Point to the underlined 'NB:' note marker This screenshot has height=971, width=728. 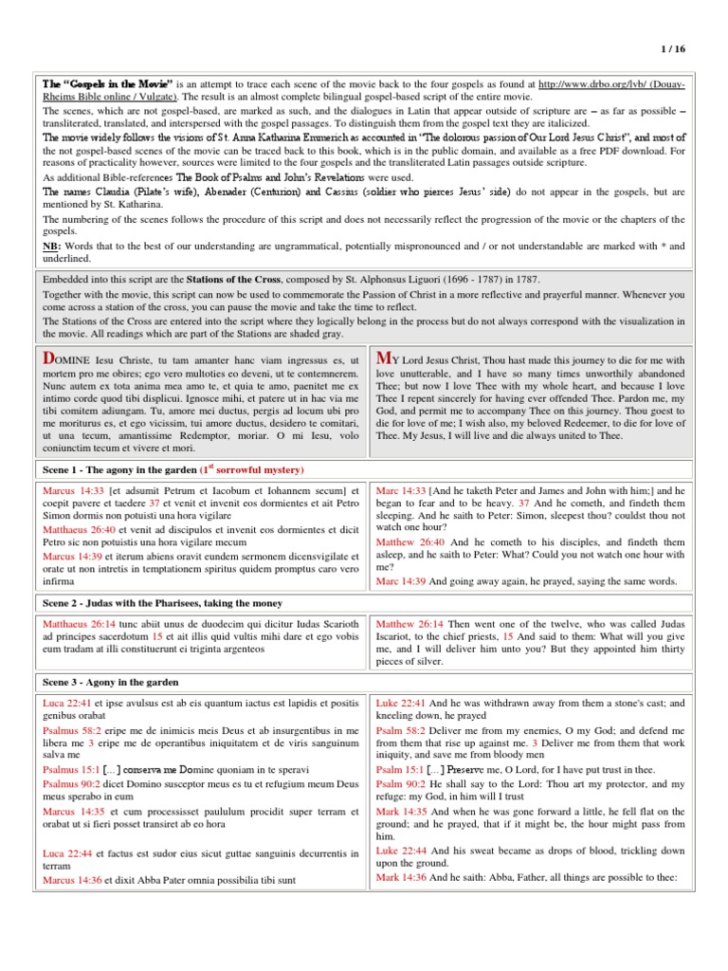tap(53, 247)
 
